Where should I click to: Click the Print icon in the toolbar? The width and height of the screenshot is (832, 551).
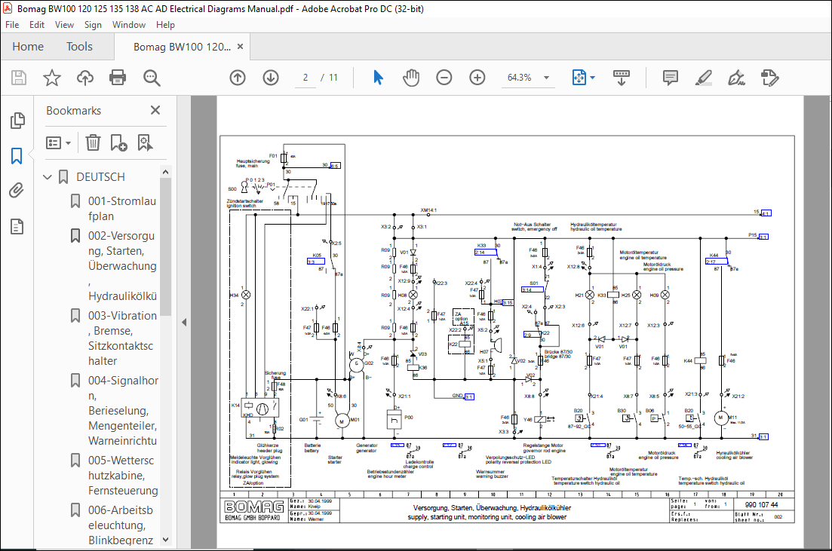point(118,78)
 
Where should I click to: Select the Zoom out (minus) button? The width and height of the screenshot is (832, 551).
point(444,78)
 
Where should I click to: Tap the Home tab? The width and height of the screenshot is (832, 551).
point(28,47)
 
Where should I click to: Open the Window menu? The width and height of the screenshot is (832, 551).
point(129,24)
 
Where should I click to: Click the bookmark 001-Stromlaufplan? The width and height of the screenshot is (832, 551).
point(122,209)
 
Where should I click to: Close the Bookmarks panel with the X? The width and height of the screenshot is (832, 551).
point(155,110)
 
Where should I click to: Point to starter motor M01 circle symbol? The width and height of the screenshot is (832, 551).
point(339,420)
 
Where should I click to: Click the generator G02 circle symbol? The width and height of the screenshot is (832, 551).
point(355,365)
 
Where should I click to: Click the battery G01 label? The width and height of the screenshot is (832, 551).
point(303,420)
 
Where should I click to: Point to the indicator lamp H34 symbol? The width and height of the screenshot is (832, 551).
point(244,295)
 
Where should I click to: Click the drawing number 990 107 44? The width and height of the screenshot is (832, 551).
point(762,505)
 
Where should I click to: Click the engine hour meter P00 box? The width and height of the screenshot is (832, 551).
point(393,419)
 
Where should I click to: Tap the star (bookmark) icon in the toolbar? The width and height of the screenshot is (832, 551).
point(51,78)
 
